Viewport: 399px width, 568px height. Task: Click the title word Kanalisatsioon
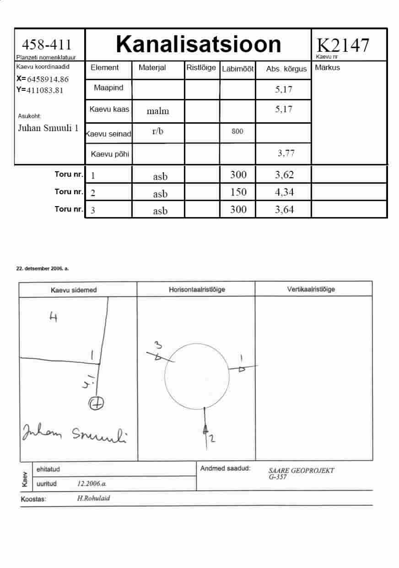click(x=199, y=44)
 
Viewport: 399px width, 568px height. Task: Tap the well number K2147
click(x=343, y=45)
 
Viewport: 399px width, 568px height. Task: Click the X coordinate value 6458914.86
click(x=48, y=79)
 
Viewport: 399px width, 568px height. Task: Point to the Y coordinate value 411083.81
click(x=45, y=90)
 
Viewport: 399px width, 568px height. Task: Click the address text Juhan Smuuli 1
click(x=48, y=128)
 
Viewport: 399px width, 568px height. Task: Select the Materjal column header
click(x=152, y=67)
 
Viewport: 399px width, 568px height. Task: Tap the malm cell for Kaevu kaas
click(x=158, y=111)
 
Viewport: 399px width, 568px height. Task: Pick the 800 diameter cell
click(x=237, y=131)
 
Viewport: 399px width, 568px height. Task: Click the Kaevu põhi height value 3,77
click(x=286, y=153)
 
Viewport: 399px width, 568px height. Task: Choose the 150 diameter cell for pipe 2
click(x=238, y=192)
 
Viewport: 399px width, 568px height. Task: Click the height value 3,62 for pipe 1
click(x=284, y=175)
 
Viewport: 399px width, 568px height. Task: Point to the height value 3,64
click(x=284, y=209)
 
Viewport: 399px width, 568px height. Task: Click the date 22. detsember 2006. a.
click(x=42, y=268)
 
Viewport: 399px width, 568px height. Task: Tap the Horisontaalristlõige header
click(x=197, y=289)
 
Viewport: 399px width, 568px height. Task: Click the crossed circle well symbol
click(x=96, y=403)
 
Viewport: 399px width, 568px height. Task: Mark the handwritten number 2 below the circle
click(x=212, y=438)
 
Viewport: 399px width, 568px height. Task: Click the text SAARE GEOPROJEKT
click(x=301, y=470)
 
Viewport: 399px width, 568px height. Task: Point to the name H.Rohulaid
click(x=93, y=498)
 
